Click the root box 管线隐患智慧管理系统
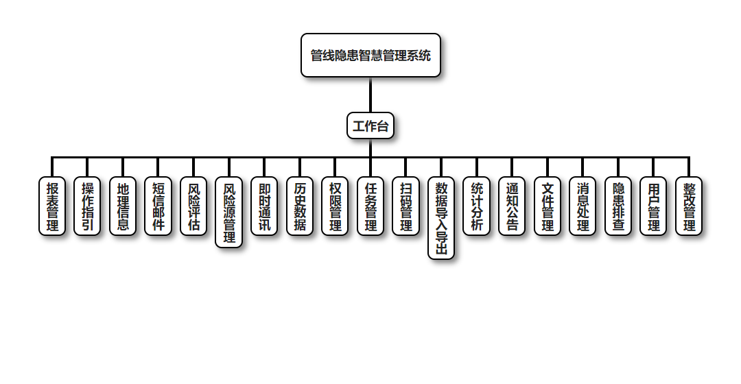click(x=370, y=56)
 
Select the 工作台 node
click(x=370, y=126)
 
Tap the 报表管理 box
click(x=52, y=206)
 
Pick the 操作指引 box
click(x=88, y=206)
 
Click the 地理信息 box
click(x=123, y=206)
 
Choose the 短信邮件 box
click(x=158, y=206)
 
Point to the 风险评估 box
click(x=193, y=206)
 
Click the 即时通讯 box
click(x=264, y=206)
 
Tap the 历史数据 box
click(x=300, y=206)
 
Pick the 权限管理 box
click(x=335, y=206)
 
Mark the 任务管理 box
click(x=370, y=206)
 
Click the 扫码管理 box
click(x=405, y=206)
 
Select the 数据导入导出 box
click(x=441, y=219)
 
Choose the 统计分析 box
click(x=476, y=206)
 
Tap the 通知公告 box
click(x=512, y=206)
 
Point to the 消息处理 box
click(x=583, y=206)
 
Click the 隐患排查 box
click(x=618, y=206)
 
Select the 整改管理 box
click(x=689, y=206)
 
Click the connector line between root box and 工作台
click(x=370, y=95)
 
